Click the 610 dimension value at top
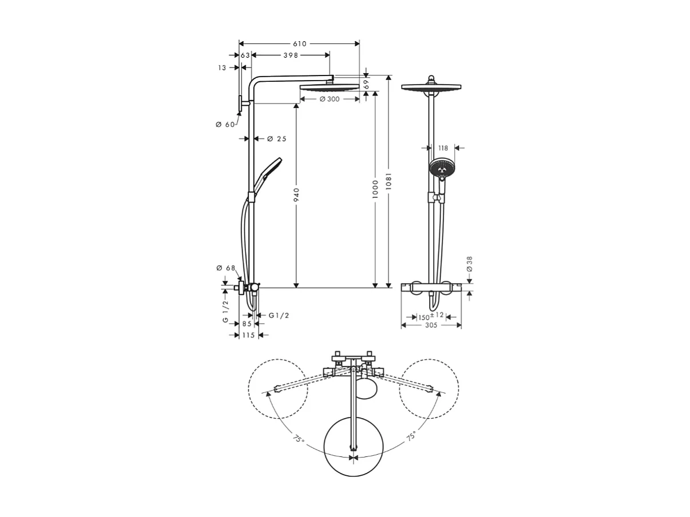coord(300,43)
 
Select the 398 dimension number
coord(291,55)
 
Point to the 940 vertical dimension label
coord(296,195)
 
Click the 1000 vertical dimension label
coord(375,189)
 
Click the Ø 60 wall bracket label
coord(225,125)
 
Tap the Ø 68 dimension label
coord(225,268)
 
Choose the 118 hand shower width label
coord(443,148)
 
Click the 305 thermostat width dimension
coord(431,325)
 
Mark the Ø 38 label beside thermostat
coord(470,264)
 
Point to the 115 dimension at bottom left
coord(248,335)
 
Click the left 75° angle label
coord(299,440)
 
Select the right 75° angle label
coord(410,436)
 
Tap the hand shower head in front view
coord(441,168)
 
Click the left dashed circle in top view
coord(277,389)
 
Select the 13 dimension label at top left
coord(222,67)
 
